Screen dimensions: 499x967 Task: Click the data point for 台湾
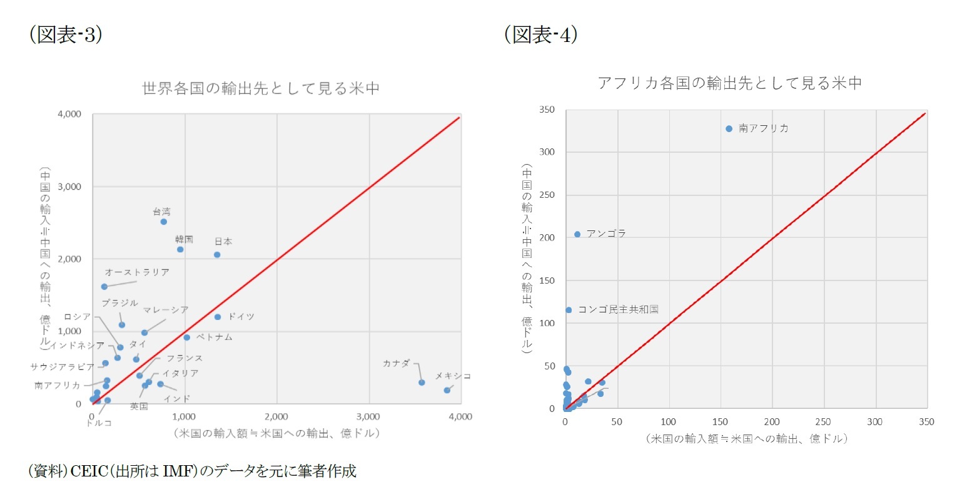tap(164, 222)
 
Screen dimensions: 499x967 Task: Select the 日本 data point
tap(217, 255)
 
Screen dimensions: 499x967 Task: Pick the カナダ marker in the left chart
tap(422, 383)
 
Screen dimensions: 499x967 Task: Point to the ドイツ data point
tap(218, 317)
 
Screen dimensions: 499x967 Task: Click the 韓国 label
tap(184, 239)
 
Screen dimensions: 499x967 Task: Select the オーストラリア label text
tap(137, 272)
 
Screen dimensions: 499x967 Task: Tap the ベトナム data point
tap(187, 337)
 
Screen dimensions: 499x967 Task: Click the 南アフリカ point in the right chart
tap(729, 129)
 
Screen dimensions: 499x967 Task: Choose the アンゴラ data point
tap(577, 234)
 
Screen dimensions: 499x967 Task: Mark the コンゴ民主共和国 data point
tap(569, 310)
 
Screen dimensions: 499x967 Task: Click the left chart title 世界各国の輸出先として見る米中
tap(261, 88)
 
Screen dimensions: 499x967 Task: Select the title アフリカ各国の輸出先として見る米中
tap(729, 83)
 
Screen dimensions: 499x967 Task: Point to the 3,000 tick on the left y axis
tap(69, 187)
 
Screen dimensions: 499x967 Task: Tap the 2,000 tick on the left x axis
tap(276, 417)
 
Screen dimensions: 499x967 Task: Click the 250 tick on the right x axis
tap(823, 422)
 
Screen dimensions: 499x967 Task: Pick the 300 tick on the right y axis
tap(547, 152)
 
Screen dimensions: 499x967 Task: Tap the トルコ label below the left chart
tap(99, 423)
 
